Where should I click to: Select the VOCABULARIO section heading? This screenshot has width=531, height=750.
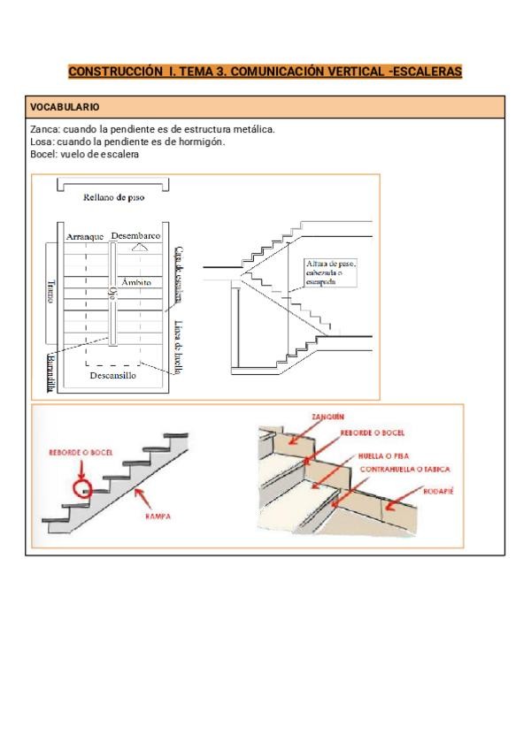tap(65, 107)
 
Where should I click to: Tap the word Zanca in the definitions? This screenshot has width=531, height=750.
tap(41, 129)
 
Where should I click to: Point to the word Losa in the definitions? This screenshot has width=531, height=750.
tap(39, 142)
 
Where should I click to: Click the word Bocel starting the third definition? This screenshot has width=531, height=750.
tap(41, 154)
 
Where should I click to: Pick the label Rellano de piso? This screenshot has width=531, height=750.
tap(113, 197)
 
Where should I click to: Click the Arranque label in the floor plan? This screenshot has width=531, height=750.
tap(85, 237)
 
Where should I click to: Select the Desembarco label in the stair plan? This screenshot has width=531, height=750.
tap(135, 236)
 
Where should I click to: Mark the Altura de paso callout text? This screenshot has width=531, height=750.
tap(329, 272)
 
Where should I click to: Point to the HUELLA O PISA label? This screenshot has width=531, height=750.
tap(384, 455)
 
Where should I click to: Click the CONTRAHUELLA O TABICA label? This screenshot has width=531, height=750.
tap(406, 469)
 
